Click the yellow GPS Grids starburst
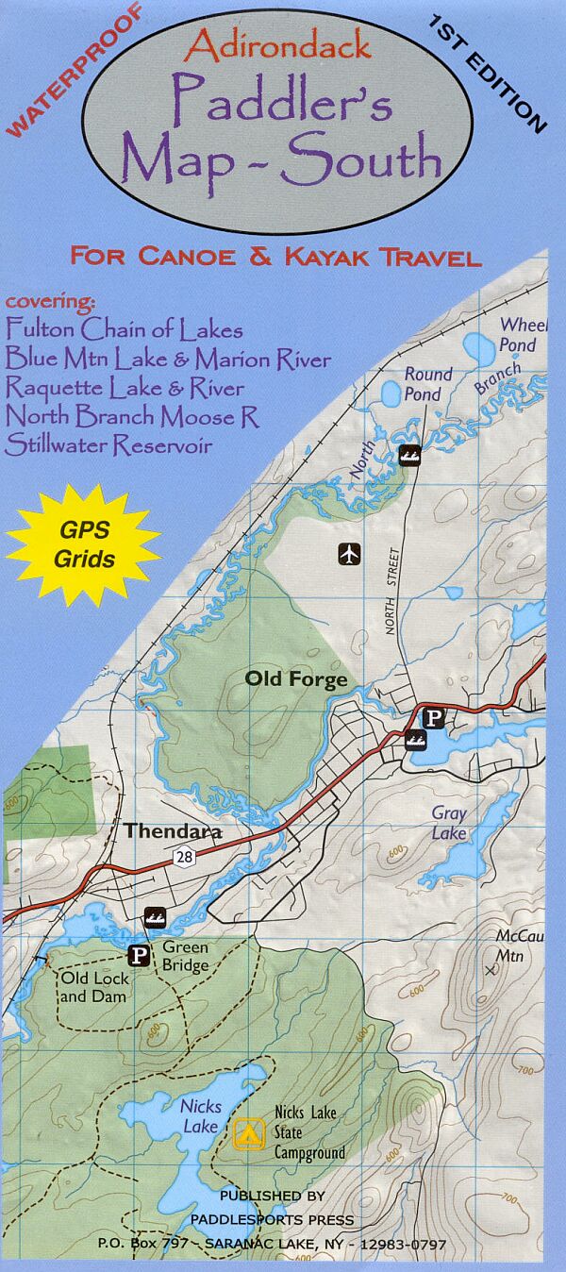click(83, 544)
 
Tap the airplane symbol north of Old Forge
click(350, 554)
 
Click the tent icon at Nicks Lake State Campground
click(248, 1131)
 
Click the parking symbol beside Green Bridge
click(139, 956)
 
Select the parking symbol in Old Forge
click(433, 718)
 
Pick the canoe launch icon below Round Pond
click(409, 457)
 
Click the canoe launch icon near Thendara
click(155, 916)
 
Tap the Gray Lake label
click(449, 823)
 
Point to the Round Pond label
click(428, 384)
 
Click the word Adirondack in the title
click(277, 45)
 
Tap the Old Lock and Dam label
click(95, 987)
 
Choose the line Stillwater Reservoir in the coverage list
click(108, 445)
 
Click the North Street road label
click(393, 589)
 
